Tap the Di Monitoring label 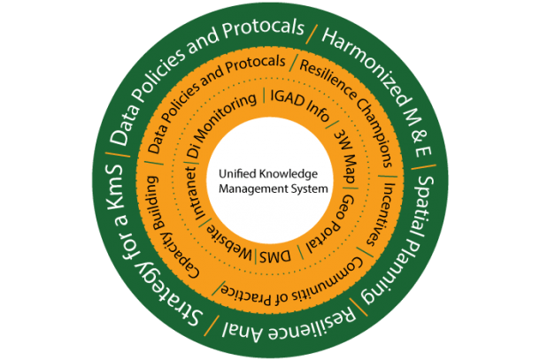coord(218,120)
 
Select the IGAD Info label coord(300,104)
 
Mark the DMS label coord(275,257)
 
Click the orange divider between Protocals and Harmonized coord(312,34)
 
